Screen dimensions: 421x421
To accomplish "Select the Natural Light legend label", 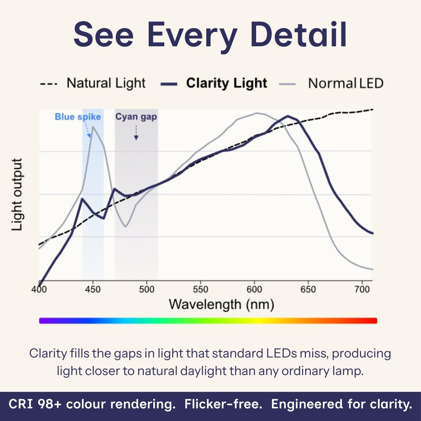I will (106, 83).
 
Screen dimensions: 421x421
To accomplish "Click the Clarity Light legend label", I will (226, 83).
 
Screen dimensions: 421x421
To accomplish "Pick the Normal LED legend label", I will (346, 83).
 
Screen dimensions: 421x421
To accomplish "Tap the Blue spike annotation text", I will (78, 117).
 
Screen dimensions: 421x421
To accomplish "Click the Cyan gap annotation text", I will (136, 117).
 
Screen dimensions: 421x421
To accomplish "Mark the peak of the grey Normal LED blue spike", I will (93, 127).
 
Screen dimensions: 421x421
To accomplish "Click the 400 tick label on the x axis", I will (39, 289).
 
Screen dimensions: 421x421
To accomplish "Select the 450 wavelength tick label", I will (93, 289).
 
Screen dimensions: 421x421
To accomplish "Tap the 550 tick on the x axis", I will (200, 289).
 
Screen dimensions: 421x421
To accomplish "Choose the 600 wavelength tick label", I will (254, 289).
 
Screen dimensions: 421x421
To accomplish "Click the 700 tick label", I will (362, 289).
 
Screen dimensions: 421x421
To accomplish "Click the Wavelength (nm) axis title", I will (221, 304).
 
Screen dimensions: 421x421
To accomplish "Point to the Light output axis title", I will (17, 195).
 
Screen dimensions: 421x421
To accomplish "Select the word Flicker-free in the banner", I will (223, 404).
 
